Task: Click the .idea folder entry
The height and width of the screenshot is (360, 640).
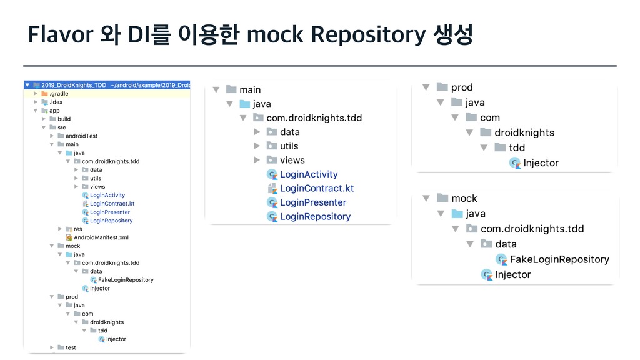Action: (x=56, y=102)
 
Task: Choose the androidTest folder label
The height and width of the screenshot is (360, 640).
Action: (x=81, y=136)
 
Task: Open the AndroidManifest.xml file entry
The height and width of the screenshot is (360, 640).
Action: (x=101, y=237)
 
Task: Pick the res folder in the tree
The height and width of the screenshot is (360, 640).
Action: (x=77, y=229)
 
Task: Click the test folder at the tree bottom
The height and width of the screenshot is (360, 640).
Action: (x=71, y=347)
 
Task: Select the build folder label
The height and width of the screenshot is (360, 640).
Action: (x=64, y=119)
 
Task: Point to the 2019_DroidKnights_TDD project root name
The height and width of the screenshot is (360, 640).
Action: (x=74, y=85)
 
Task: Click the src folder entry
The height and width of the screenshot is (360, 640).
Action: (x=61, y=127)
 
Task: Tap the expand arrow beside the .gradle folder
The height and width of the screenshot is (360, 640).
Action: (x=36, y=94)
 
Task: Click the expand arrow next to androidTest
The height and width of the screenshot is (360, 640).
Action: (x=52, y=136)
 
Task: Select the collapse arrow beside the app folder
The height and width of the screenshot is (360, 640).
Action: (x=36, y=111)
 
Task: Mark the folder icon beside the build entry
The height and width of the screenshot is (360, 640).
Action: (x=52, y=119)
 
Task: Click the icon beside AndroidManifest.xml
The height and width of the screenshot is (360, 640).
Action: (x=69, y=237)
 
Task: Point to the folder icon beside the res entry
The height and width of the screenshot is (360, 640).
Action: (x=69, y=229)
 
